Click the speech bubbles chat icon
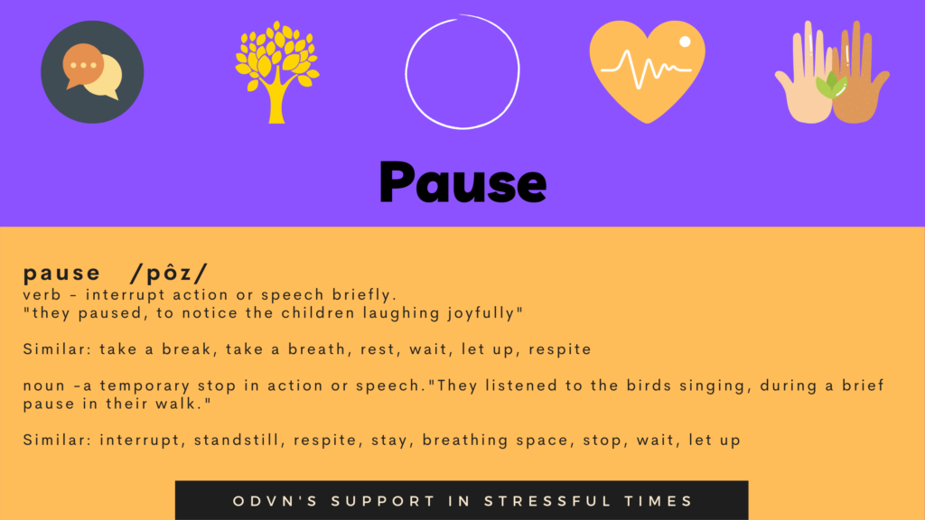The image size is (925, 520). click(x=92, y=72)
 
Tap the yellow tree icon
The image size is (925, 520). click(x=276, y=72)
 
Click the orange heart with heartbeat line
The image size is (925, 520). click(x=647, y=71)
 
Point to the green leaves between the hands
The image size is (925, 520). click(x=831, y=86)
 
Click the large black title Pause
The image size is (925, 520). click(x=462, y=182)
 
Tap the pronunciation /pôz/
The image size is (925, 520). click(x=170, y=273)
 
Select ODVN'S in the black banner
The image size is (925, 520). click(x=276, y=501)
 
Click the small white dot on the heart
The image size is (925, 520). click(x=685, y=42)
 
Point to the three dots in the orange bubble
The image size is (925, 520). click(x=83, y=65)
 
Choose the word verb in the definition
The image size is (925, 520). click(x=42, y=295)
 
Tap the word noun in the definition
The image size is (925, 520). click(x=44, y=386)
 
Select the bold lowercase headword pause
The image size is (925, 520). click(x=62, y=274)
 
